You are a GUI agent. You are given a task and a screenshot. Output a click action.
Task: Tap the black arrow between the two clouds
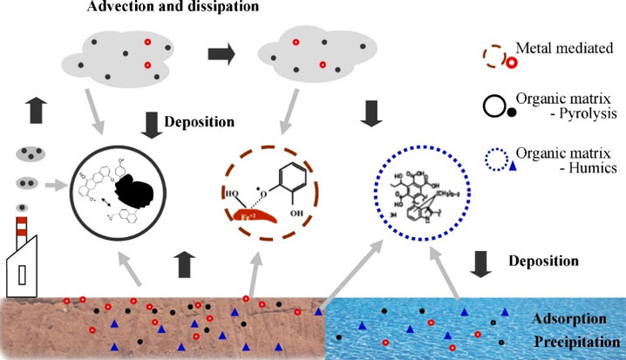pyautogui.click(x=223, y=54)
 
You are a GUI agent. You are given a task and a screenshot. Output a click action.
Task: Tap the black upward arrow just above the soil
pyautogui.click(x=184, y=260)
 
